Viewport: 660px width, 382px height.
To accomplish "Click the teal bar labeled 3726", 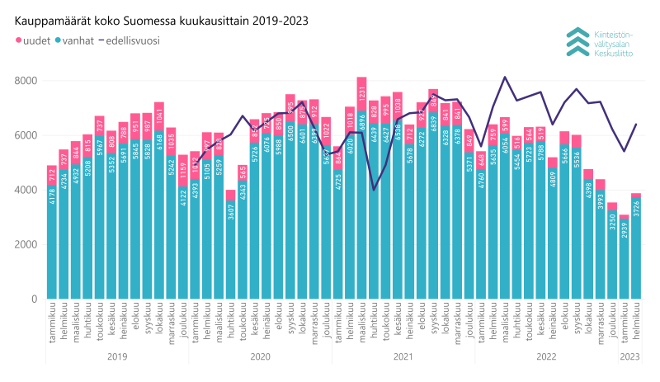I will [635, 248].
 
